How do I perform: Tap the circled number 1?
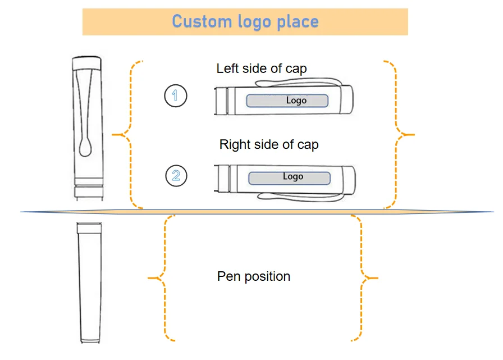175,95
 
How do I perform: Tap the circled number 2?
176,176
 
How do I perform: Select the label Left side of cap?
262,69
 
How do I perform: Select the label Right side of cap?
269,144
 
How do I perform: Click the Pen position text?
254,276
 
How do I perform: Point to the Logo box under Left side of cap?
287,101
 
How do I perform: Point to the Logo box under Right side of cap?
290,177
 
